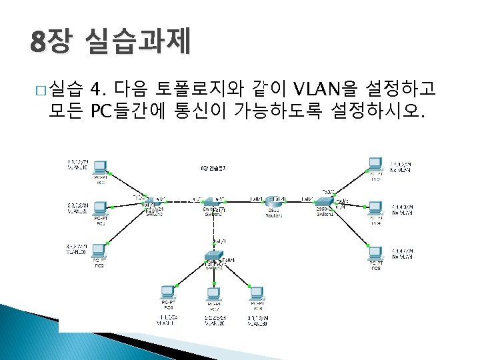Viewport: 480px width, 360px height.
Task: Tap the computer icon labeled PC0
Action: [100, 167]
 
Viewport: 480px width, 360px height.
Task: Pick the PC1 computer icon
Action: [100, 209]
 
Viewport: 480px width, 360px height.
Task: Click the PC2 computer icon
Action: [100, 251]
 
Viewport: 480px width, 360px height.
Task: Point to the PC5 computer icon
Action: [375, 253]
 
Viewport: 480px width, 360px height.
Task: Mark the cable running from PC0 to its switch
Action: [127, 183]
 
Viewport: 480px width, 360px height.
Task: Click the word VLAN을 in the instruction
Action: [327, 88]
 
